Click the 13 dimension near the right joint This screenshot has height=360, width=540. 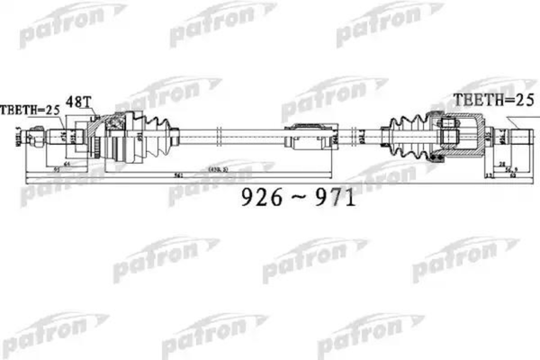click(489, 176)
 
